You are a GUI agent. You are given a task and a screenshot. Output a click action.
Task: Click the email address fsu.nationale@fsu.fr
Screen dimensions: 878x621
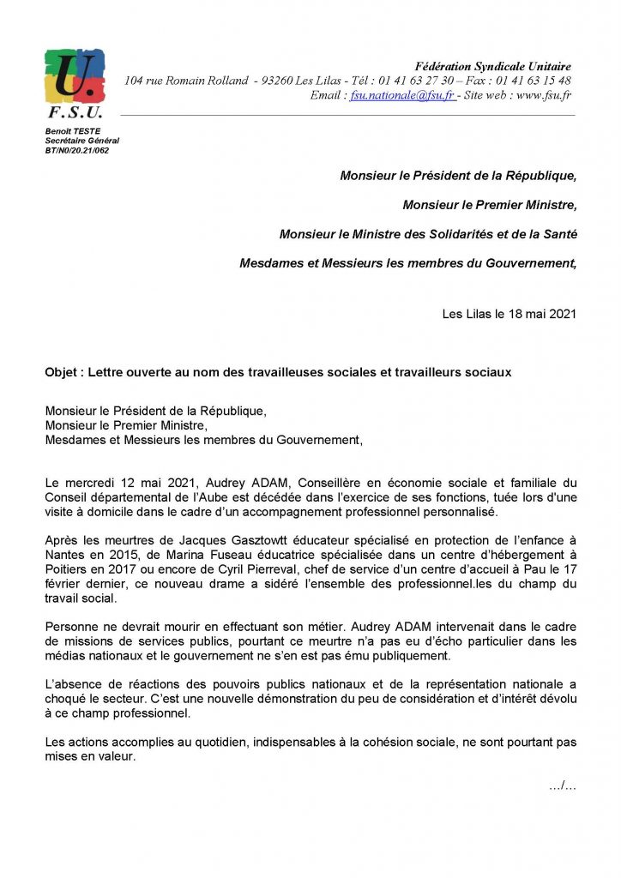click(x=402, y=96)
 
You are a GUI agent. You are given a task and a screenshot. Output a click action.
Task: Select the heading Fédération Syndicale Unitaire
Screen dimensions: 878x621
click(x=492, y=66)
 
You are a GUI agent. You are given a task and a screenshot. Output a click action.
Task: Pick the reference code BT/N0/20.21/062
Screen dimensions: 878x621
click(x=77, y=150)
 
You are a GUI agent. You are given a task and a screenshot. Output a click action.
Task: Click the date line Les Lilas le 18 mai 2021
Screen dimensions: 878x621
click(x=509, y=314)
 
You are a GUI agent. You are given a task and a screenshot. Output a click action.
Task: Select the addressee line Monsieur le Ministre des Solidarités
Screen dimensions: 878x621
click(x=428, y=234)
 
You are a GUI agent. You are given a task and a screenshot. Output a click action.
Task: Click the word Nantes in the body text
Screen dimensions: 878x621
click(x=65, y=554)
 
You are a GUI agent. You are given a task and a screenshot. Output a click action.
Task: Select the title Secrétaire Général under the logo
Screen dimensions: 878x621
click(x=82, y=140)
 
